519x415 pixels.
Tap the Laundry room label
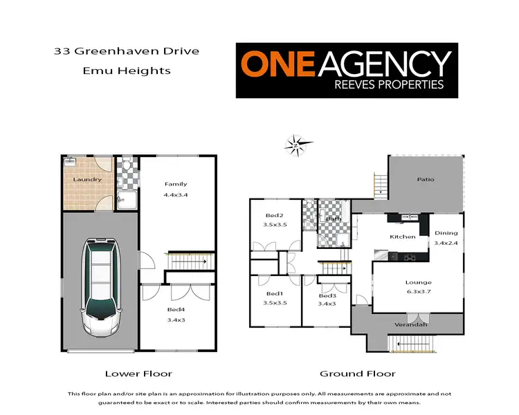pos(89,180)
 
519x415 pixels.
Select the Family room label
pos(176,184)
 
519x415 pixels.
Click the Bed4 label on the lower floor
pos(176,309)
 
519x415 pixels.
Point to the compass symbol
pos(295,145)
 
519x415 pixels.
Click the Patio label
pos(425,179)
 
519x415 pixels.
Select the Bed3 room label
pos(327,293)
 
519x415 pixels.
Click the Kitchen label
pos(402,237)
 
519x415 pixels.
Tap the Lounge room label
pos(419,282)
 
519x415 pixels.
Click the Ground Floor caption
pos(358,373)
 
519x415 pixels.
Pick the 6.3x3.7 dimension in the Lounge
pos(419,293)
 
